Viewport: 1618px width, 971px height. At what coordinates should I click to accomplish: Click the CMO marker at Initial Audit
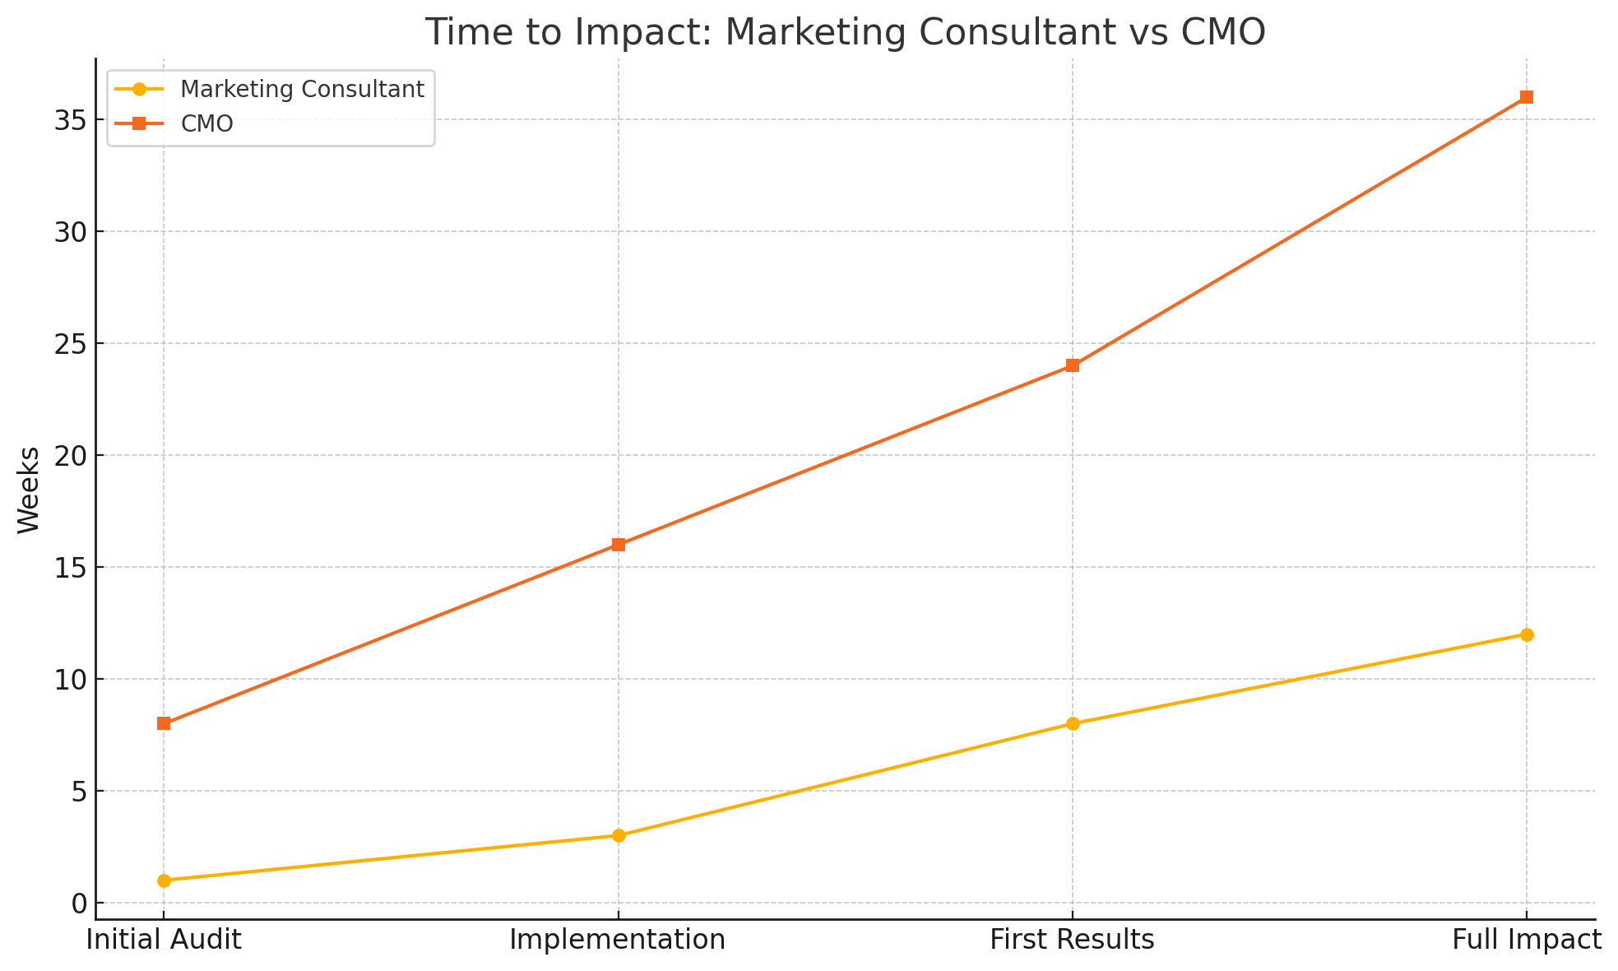pos(164,723)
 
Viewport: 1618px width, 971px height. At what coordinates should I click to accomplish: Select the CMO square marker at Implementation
pos(619,545)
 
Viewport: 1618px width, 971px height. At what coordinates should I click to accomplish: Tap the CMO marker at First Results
pos(1073,365)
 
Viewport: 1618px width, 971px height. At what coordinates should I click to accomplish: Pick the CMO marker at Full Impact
pos(1527,97)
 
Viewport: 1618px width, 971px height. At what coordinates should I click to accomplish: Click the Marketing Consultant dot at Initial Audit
pos(164,880)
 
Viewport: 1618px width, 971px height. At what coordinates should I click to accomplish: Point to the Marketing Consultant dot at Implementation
pos(619,835)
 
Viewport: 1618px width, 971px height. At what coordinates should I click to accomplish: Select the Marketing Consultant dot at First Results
pos(1073,723)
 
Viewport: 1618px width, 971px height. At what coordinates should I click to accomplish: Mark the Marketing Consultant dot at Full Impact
pos(1527,634)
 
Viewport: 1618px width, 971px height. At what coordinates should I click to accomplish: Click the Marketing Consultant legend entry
pos(302,89)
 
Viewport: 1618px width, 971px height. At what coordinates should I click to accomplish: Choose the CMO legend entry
pos(206,123)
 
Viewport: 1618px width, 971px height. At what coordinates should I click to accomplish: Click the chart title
pos(845,33)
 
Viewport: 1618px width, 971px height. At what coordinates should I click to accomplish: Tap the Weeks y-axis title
pos(29,490)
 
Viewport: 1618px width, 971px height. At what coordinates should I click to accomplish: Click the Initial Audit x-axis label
pos(164,940)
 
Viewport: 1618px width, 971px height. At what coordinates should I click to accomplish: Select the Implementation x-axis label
pos(618,940)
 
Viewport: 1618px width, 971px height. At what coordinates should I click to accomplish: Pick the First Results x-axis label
pos(1072,940)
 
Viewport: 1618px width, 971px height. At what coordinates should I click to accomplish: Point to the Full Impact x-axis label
pos(1527,940)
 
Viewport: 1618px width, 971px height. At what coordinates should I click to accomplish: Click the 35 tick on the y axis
pos(70,120)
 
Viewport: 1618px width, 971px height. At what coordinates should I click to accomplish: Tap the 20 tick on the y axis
pos(70,455)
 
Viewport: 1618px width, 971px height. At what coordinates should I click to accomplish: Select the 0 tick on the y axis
pos(79,904)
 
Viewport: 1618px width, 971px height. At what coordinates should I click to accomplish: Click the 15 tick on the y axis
pos(70,568)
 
